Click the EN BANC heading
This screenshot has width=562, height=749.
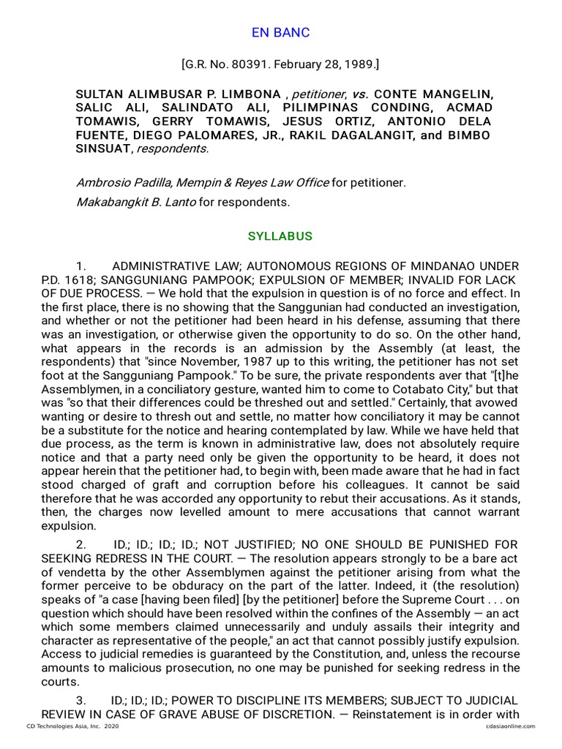tap(281, 33)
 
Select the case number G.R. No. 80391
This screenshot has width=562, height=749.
tap(233, 64)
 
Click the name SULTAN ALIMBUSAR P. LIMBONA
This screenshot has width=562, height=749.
tap(179, 94)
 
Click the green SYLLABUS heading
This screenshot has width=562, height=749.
tap(280, 236)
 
